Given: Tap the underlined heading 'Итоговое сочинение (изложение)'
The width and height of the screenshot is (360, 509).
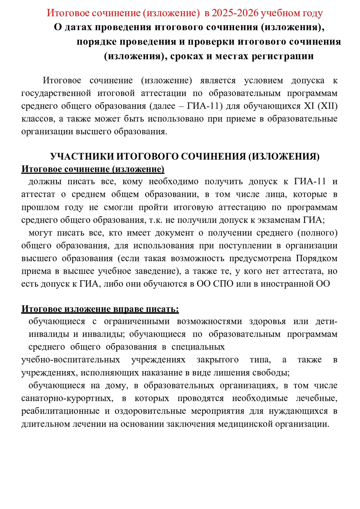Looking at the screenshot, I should (x=93, y=169).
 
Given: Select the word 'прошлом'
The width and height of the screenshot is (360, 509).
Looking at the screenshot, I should (x=37, y=207).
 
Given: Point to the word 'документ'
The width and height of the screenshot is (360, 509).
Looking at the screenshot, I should (x=174, y=233).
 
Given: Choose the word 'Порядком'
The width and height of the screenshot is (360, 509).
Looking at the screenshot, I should (x=317, y=259).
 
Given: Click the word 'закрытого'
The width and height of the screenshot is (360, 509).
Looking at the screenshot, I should (x=217, y=360).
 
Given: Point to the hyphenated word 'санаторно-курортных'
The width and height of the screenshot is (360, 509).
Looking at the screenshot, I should (x=67, y=398).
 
